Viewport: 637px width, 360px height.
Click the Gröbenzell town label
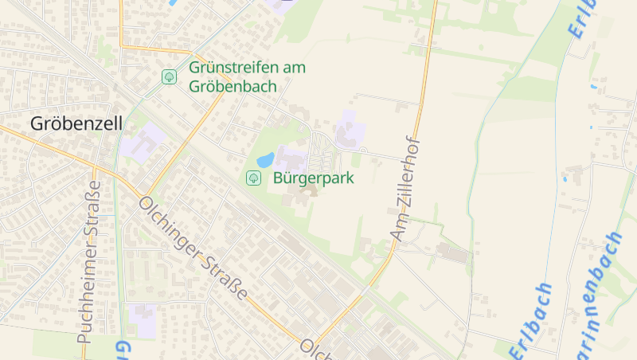click(66, 123)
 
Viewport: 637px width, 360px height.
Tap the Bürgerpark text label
click(313, 178)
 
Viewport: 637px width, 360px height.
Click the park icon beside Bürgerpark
click(254, 178)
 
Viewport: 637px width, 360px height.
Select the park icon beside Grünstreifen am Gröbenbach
click(169, 76)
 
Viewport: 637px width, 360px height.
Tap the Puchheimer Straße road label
click(88, 261)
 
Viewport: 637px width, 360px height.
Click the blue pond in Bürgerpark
click(265, 159)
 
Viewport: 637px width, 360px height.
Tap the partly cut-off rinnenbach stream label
click(602, 295)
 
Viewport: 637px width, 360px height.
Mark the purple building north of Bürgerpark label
click(347, 131)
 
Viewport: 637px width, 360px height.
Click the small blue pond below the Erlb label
click(593, 85)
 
